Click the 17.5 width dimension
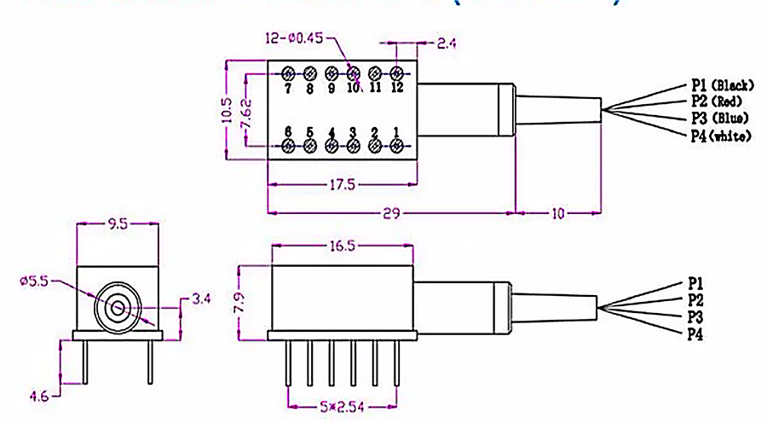click(343, 184)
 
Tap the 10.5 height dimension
click(227, 109)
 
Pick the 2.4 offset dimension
click(447, 43)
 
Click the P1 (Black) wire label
click(720, 85)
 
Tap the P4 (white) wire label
click(720, 135)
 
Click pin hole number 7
click(288, 73)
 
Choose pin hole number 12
click(396, 73)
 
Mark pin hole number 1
click(396, 146)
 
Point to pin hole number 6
click(288, 146)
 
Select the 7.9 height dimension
click(240, 302)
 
